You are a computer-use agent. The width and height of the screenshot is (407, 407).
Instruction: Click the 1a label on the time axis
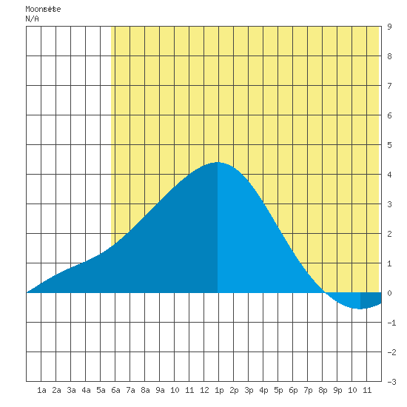41,390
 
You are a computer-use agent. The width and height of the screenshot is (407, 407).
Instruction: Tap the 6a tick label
115,390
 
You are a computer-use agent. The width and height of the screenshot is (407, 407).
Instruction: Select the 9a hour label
160,390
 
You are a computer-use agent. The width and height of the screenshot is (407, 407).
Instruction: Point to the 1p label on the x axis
219,390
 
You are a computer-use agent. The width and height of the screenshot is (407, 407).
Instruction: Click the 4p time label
263,390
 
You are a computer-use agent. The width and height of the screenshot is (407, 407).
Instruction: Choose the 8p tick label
323,390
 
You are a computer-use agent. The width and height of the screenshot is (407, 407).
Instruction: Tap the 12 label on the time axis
204,390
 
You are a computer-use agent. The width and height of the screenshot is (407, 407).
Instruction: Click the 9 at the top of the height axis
389,27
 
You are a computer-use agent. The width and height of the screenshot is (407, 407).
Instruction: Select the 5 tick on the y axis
389,145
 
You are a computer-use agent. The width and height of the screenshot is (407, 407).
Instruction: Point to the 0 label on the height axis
389,293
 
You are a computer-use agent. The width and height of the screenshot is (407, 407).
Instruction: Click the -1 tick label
391,323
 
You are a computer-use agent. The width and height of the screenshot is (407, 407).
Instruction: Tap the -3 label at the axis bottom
391,382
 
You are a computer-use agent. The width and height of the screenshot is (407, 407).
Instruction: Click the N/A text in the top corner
32,18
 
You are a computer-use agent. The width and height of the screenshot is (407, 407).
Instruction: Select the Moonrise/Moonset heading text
43,9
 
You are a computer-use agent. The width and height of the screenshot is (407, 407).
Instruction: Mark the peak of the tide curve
218,162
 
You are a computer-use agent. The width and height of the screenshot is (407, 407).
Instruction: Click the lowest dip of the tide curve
360,309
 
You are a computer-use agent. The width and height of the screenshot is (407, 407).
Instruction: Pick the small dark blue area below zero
370,300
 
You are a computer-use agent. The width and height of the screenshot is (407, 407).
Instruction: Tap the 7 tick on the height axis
389,86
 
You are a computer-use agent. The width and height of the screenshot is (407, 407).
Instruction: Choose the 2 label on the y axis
389,234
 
